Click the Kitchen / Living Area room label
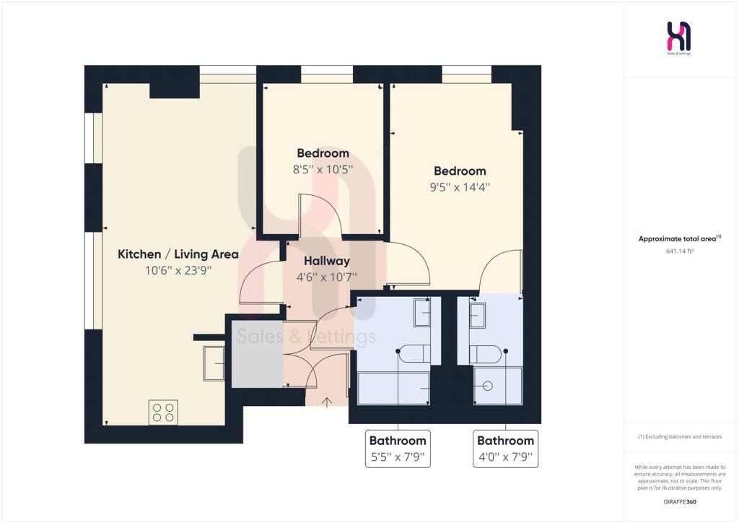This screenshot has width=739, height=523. pyautogui.click(x=178, y=254)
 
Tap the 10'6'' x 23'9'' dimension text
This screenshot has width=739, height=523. pyautogui.click(x=178, y=270)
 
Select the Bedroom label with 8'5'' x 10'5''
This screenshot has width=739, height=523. pyautogui.click(x=323, y=153)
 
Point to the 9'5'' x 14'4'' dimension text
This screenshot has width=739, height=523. pyautogui.click(x=460, y=187)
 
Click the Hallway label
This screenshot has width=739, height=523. pyautogui.click(x=327, y=261)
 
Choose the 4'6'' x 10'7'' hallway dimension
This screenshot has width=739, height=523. pyautogui.click(x=327, y=277)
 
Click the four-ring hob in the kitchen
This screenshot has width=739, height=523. pyautogui.click(x=163, y=412)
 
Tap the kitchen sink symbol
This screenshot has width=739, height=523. pyautogui.click(x=214, y=363)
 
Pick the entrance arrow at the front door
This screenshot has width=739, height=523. pyautogui.click(x=327, y=402)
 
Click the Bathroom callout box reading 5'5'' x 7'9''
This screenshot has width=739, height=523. pyautogui.click(x=398, y=449)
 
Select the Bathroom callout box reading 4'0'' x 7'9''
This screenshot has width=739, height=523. pyautogui.click(x=505, y=449)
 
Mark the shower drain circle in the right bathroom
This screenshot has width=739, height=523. pyautogui.click(x=488, y=386)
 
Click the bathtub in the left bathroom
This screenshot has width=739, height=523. pyautogui.click(x=393, y=389)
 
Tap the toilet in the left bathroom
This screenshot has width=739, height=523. pyautogui.click(x=414, y=353)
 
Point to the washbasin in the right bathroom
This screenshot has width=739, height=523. pyautogui.click(x=478, y=315)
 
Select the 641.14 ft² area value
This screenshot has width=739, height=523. pyautogui.click(x=679, y=251)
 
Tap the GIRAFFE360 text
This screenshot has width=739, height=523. pyautogui.click(x=680, y=502)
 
